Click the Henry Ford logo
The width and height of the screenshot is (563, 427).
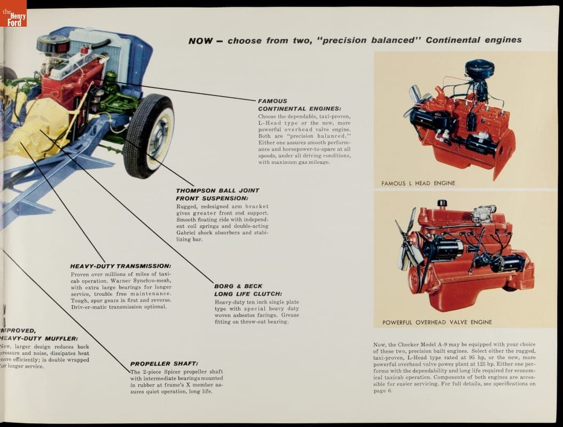[13, 14]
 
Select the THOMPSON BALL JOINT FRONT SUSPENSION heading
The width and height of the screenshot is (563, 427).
[217, 194]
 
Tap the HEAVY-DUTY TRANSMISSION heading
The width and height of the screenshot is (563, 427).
[121, 266]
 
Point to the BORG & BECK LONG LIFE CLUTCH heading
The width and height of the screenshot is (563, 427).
[248, 290]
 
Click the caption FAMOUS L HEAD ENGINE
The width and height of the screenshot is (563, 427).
[418, 183]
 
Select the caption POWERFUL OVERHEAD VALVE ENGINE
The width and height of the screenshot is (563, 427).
[437, 322]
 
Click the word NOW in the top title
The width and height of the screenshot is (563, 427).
[201, 41]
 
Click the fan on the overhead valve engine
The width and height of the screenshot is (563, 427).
[406, 243]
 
